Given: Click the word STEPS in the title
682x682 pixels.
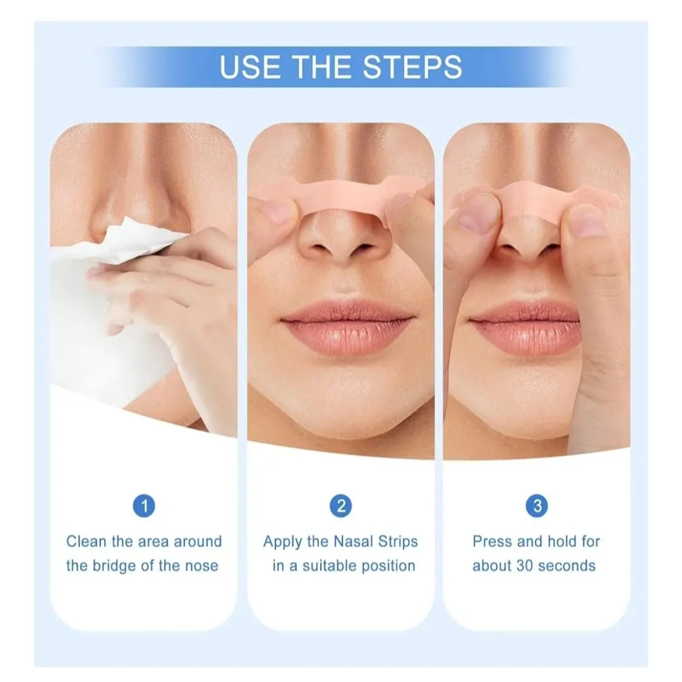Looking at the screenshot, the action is (x=412, y=67).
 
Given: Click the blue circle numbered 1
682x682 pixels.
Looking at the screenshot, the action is (x=144, y=506).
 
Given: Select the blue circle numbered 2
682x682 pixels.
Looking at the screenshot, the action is (x=341, y=506).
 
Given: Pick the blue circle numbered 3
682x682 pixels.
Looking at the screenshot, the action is (x=537, y=506).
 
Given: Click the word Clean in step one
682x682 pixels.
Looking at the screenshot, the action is (x=86, y=542).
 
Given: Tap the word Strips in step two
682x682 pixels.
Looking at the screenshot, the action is (x=398, y=542).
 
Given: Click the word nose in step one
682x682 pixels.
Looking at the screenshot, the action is (x=202, y=566).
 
